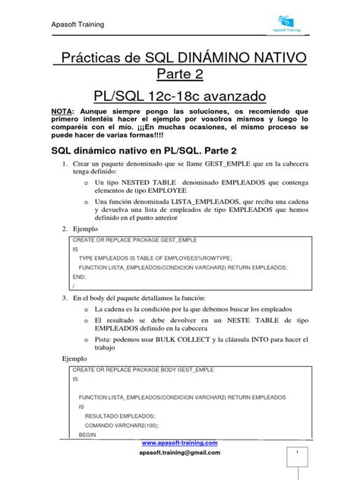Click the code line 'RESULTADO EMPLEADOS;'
120,415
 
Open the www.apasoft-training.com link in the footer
180,442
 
